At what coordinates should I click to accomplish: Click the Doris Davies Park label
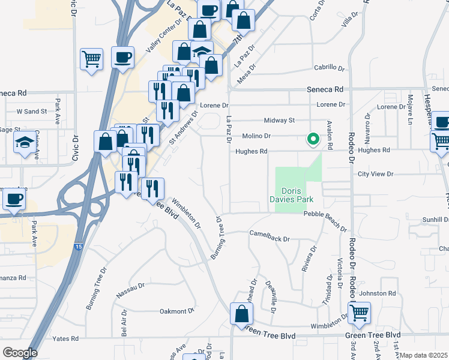point(298,194)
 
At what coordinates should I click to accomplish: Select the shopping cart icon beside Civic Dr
point(91,59)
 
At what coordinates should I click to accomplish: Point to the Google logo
point(20,353)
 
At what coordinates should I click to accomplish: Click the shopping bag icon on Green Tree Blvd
point(241,314)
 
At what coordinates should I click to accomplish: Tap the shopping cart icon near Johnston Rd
point(359,312)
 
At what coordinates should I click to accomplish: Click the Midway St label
point(283,120)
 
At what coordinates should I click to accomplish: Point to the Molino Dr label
point(257,136)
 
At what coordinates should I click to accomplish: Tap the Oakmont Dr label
point(177,311)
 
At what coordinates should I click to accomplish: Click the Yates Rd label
point(66,339)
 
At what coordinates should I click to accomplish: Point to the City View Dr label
point(375,174)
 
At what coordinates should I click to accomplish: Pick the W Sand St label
point(31,112)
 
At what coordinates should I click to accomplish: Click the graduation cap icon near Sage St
point(25,143)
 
